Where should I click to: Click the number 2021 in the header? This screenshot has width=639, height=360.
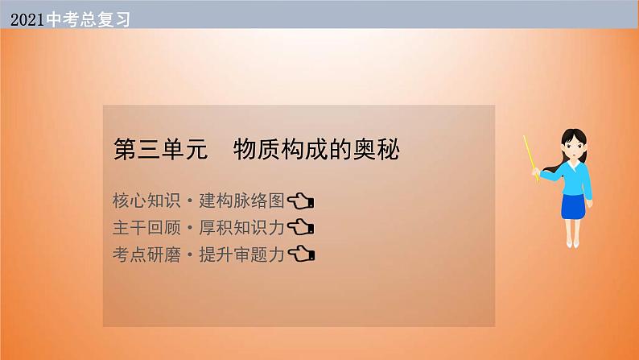27,19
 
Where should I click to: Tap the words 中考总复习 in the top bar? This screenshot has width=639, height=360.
88,19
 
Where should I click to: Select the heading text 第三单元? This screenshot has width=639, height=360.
161,149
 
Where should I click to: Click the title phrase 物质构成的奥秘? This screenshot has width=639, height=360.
316,149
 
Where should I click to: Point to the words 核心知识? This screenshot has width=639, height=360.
146,201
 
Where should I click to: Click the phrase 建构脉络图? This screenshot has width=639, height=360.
241,201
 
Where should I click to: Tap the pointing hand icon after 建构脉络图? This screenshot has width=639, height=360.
301,201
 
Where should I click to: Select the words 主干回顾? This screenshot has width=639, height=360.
146,227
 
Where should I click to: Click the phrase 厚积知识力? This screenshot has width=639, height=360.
241,227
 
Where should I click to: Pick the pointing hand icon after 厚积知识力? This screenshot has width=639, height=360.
301,227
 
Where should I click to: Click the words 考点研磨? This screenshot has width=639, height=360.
146,254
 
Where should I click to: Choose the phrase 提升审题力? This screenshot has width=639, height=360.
241,254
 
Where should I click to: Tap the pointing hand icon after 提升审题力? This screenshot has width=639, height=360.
301,254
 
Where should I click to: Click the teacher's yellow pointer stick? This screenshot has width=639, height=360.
531,159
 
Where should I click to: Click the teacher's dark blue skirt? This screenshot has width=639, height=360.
573,207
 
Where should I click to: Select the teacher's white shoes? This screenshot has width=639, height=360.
572,244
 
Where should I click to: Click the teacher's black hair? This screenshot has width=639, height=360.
574,136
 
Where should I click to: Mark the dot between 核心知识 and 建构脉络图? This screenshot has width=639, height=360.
189,201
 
